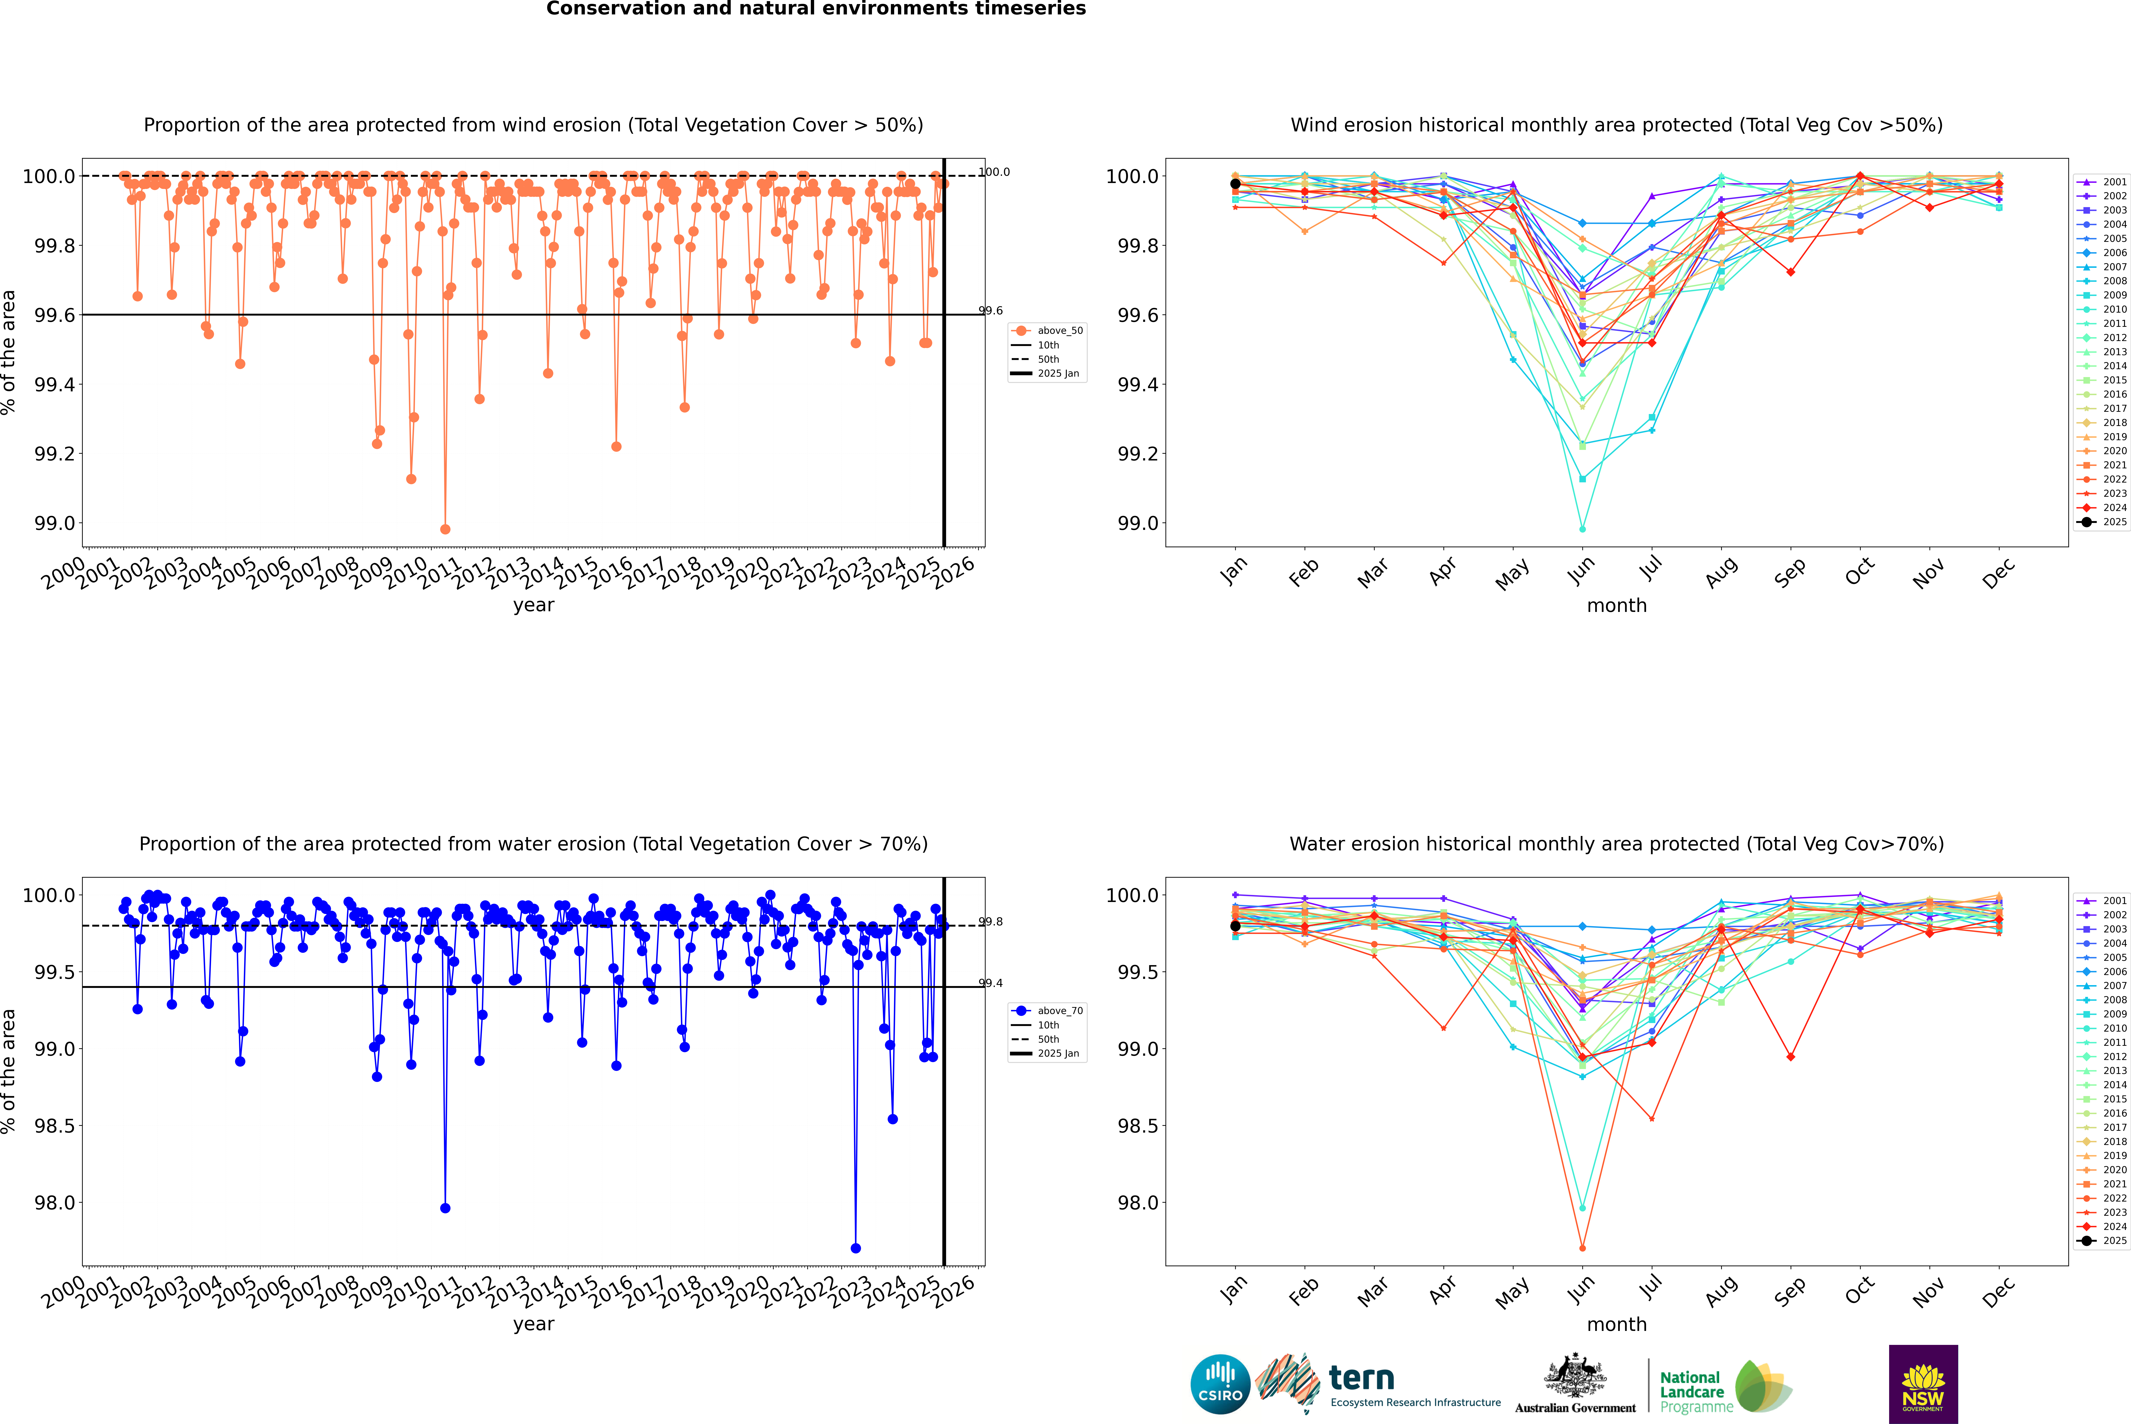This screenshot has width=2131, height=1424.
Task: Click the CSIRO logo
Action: click(1220, 1384)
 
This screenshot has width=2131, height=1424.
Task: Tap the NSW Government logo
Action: click(1923, 1384)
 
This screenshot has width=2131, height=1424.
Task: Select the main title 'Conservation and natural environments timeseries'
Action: click(816, 9)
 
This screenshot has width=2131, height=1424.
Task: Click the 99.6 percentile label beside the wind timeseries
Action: click(990, 311)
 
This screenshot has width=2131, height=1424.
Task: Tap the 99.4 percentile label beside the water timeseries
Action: click(990, 984)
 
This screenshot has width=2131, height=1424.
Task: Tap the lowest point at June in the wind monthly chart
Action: click(1582, 529)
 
